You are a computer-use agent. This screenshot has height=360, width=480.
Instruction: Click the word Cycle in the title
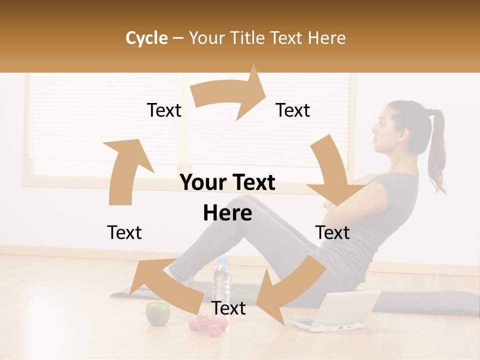(x=146, y=38)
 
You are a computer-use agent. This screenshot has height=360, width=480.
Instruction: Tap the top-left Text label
(x=164, y=110)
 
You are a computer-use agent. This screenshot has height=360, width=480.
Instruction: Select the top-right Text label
(x=293, y=110)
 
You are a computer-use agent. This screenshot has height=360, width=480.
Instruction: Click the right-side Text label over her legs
(x=332, y=233)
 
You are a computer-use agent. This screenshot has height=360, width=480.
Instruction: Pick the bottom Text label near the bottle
(x=228, y=308)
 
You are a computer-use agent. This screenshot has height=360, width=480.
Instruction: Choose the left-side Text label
(x=124, y=233)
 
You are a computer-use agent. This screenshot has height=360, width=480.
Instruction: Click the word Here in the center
(x=227, y=213)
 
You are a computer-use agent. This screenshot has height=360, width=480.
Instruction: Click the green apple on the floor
(x=157, y=313)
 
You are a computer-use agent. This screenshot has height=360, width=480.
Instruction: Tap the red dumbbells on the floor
(x=207, y=325)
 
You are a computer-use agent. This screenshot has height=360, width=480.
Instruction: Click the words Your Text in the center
(x=227, y=183)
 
